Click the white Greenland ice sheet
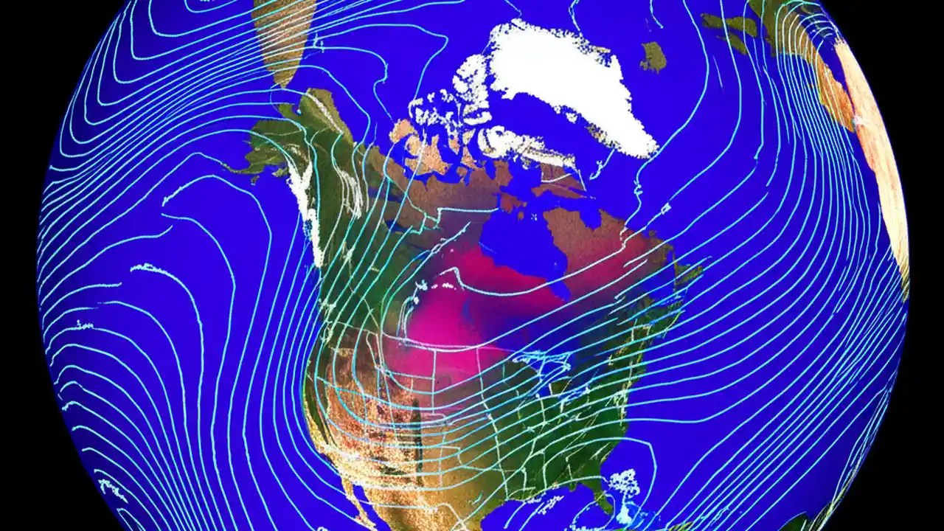pyautogui.click(x=568, y=81)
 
